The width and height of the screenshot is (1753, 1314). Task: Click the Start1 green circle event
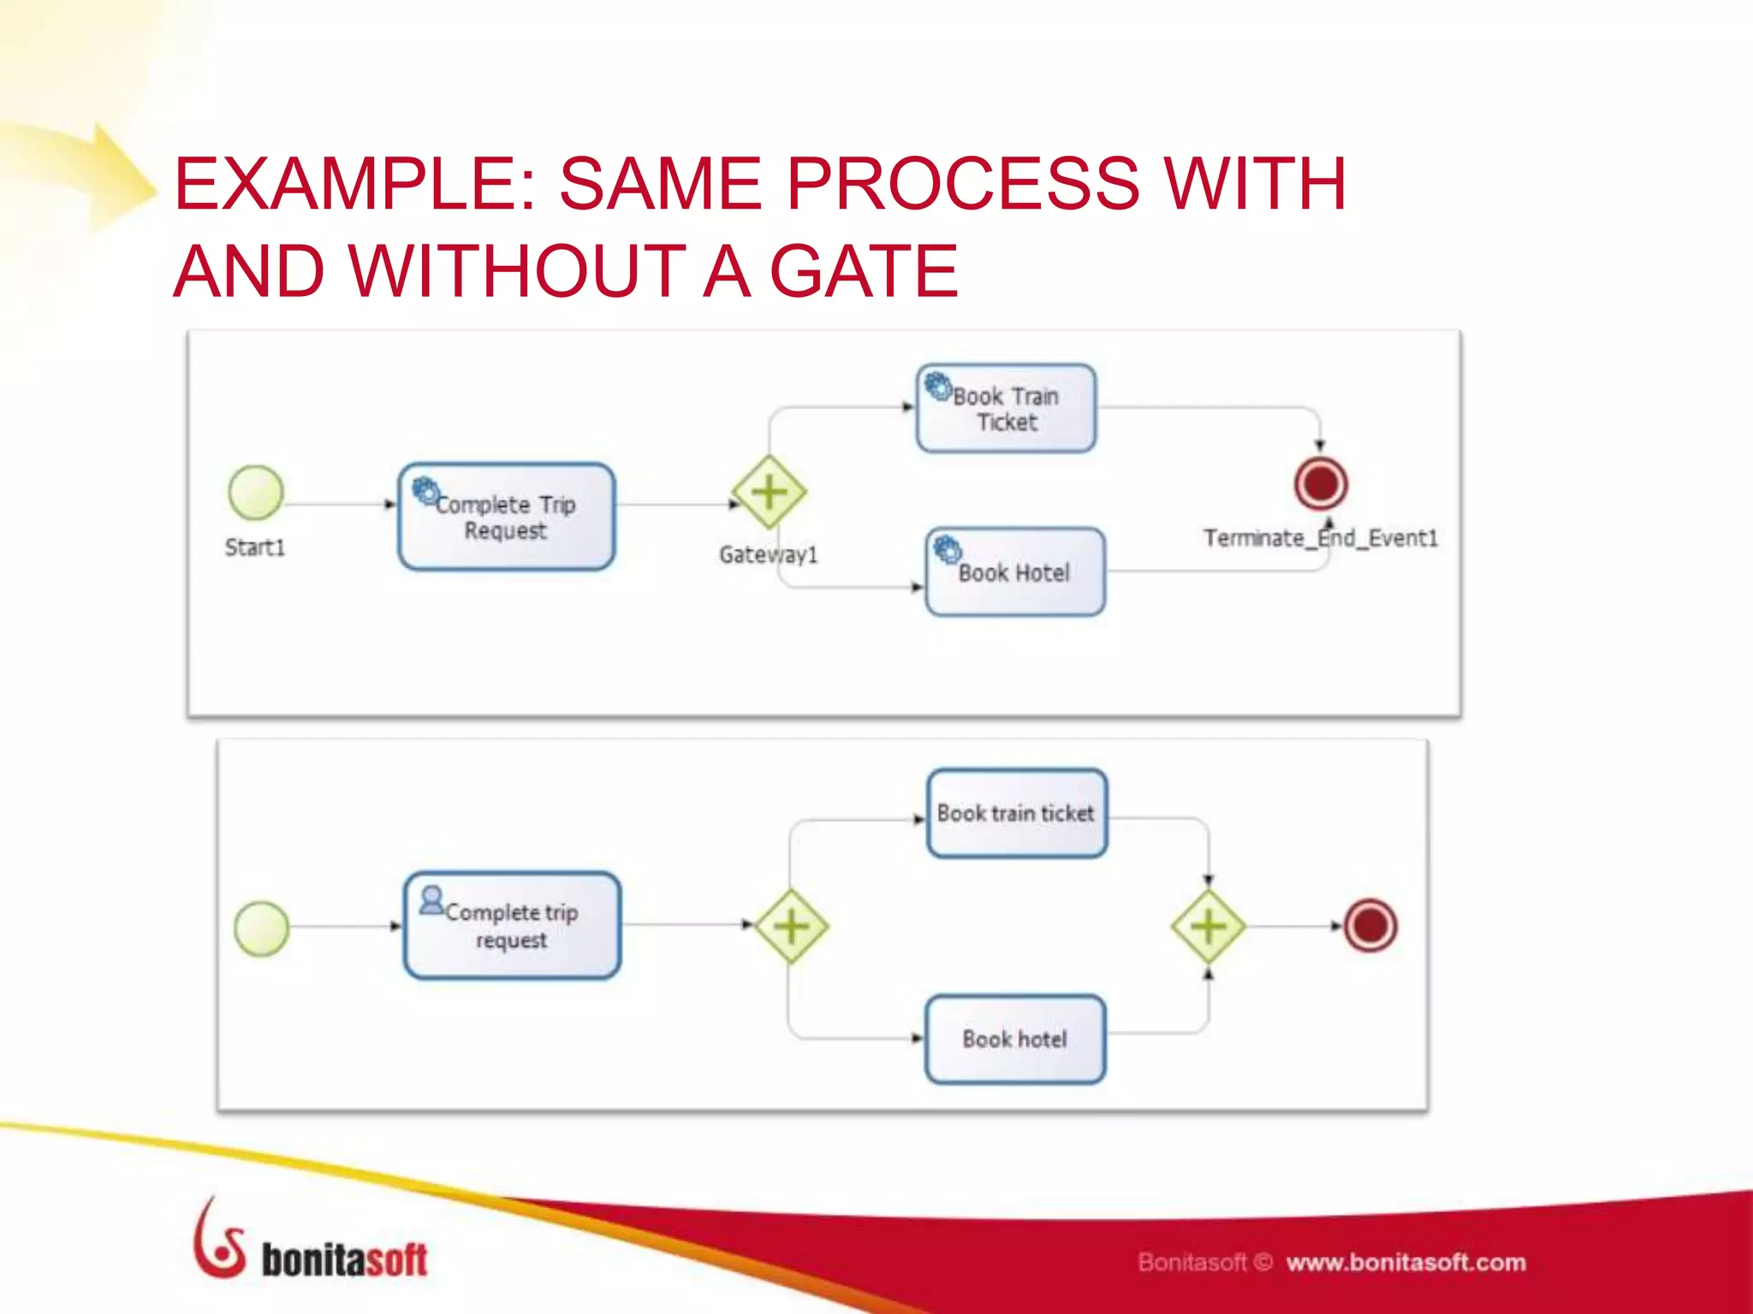coord(256,493)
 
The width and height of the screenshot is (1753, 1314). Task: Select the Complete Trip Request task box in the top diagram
coord(507,517)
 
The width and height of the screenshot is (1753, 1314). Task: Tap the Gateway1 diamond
coord(769,493)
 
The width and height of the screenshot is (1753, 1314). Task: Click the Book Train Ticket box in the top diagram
coord(1006,409)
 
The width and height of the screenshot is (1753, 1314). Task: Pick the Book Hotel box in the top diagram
coord(1015,571)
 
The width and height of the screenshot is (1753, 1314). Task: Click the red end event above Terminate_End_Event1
coord(1321,483)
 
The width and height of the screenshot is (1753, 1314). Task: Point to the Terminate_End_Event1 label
coord(1320,538)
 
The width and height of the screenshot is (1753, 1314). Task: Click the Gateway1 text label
coord(768,555)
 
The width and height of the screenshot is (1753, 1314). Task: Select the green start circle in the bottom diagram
coord(262,928)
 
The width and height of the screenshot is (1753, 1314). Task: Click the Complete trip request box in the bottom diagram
coord(512,926)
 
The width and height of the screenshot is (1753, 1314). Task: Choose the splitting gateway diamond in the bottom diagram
coord(791,926)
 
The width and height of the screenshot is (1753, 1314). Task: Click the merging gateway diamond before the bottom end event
coord(1208,926)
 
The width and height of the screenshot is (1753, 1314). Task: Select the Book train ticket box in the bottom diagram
coord(1016,814)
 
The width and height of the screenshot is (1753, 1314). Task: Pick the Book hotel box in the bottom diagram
coord(1015,1039)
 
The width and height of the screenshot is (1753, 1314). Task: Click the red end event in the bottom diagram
coord(1370,926)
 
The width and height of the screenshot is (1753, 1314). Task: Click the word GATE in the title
coord(864,272)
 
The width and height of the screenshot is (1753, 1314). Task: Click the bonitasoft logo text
coord(343,1260)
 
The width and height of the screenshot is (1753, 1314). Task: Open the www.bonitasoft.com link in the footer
coord(1405,1263)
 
